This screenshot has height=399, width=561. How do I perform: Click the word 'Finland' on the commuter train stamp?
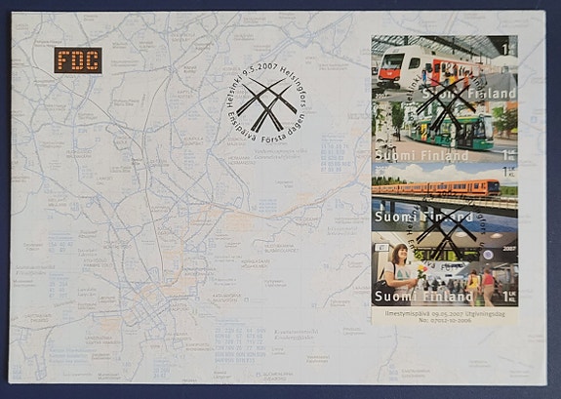(x=494, y=94)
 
